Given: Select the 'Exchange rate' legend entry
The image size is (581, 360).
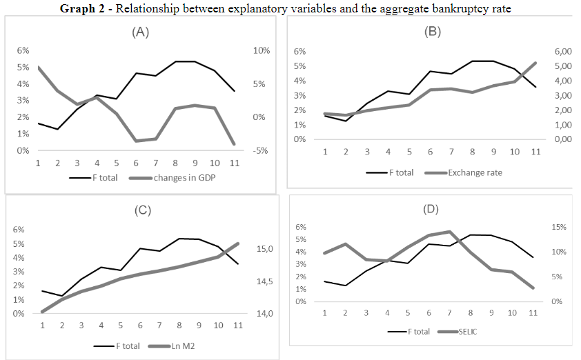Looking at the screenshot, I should pyautogui.click(x=475, y=172).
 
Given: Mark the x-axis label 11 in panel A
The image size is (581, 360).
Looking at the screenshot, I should pyautogui.click(x=234, y=164).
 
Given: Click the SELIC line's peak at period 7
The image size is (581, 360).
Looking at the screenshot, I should pyautogui.click(x=449, y=232).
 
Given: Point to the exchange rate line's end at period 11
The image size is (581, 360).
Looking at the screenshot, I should pyautogui.click(x=535, y=63).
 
